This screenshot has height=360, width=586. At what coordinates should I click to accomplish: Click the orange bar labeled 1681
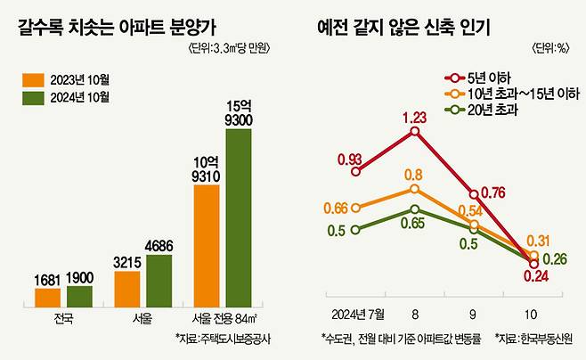pyautogui.click(x=48, y=296)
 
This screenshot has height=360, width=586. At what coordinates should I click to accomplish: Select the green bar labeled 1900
pyautogui.click(x=79, y=295)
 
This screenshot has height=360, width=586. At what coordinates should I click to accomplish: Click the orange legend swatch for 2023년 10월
pyautogui.click(x=32, y=79)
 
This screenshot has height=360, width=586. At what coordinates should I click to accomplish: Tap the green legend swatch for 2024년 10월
pyautogui.click(x=32, y=96)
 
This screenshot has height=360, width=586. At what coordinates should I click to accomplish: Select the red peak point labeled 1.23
pyautogui.click(x=414, y=131)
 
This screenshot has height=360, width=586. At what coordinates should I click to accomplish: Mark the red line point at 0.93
pyautogui.click(x=356, y=174)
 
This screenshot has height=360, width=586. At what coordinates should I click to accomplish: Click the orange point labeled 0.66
pyautogui.click(x=356, y=209)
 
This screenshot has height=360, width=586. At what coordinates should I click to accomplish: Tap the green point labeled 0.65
pyautogui.click(x=414, y=209)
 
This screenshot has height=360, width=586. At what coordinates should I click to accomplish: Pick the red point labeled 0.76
pyautogui.click(x=473, y=192)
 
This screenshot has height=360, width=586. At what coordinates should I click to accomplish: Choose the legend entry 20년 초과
pyautogui.click(x=493, y=110)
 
